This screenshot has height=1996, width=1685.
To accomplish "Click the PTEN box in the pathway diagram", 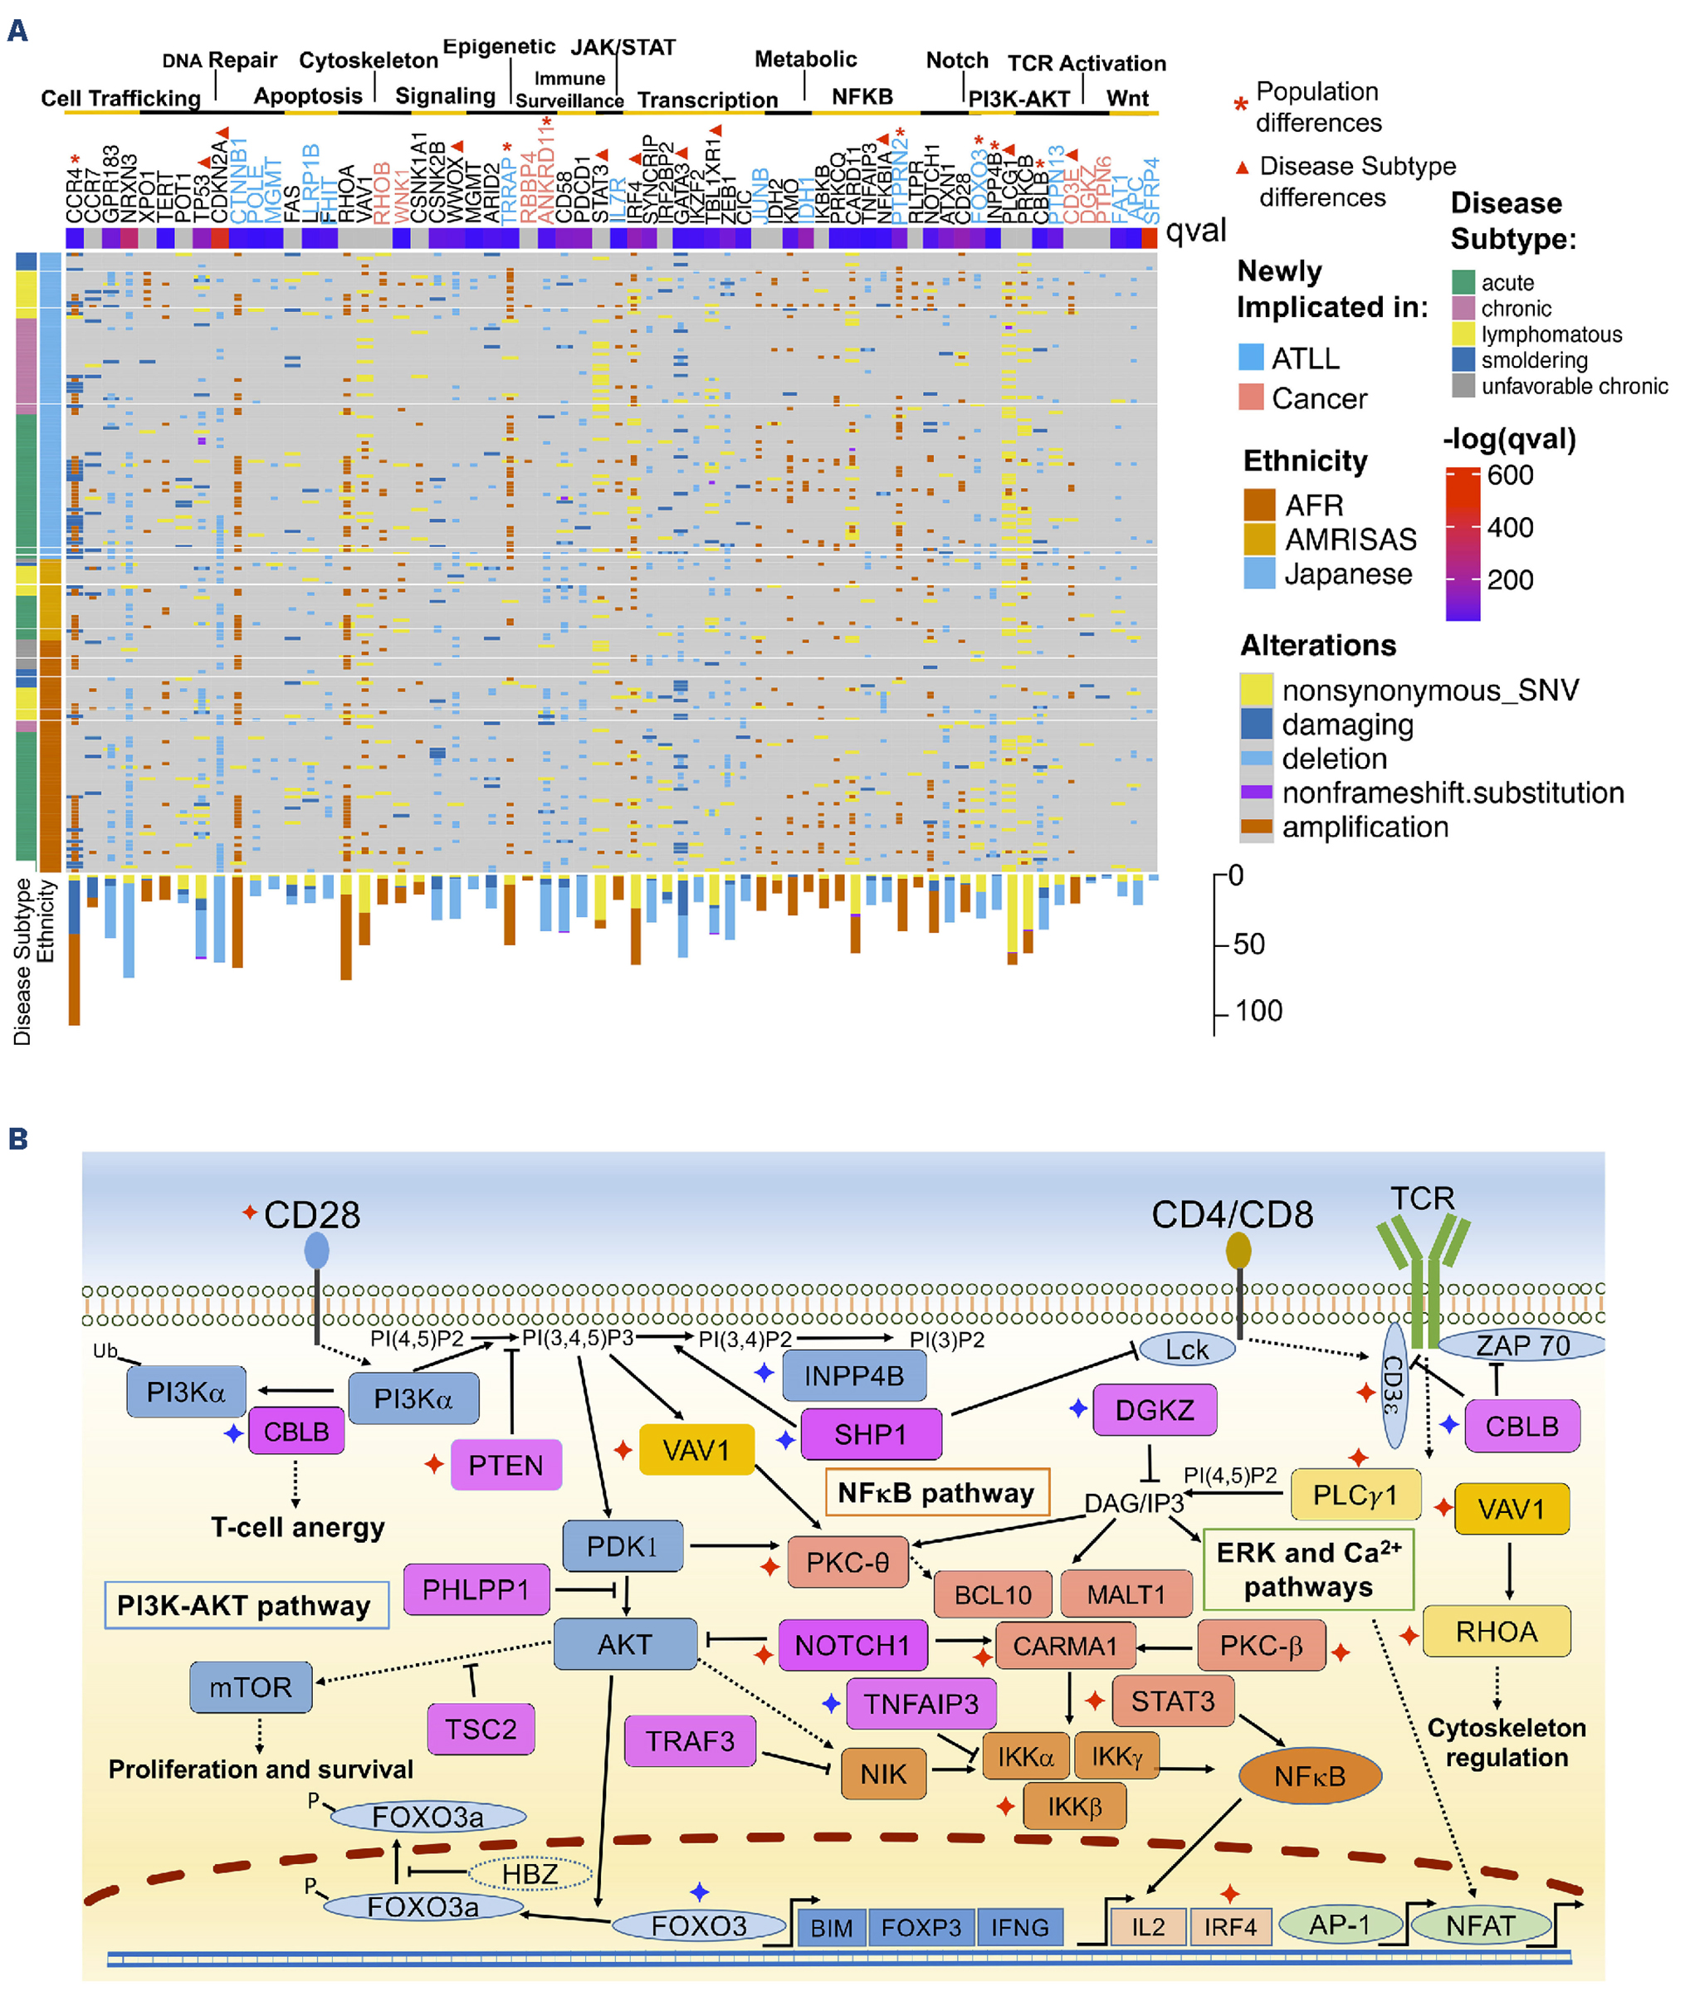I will [505, 1464].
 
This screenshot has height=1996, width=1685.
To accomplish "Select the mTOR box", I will [251, 1686].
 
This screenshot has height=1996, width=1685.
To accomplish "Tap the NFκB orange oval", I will [1310, 1775].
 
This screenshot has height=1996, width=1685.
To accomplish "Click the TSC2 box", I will [481, 1729].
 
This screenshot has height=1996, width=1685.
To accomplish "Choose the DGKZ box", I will [1154, 1409].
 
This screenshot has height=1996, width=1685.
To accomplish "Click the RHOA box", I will [1496, 1631].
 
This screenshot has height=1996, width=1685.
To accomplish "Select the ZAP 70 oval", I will [1522, 1345].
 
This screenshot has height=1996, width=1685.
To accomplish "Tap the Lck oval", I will [1186, 1349].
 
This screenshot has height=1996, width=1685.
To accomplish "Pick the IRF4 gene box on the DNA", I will [1229, 1926].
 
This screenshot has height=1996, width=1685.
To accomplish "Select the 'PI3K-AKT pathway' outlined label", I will [245, 1605].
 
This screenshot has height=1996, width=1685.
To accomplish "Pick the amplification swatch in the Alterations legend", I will [1256, 827].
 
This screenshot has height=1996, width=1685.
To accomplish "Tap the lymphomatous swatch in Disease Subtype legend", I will [1463, 334].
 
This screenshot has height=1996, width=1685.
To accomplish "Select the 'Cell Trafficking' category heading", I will [120, 99].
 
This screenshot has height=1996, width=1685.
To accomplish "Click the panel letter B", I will [17, 1139].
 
